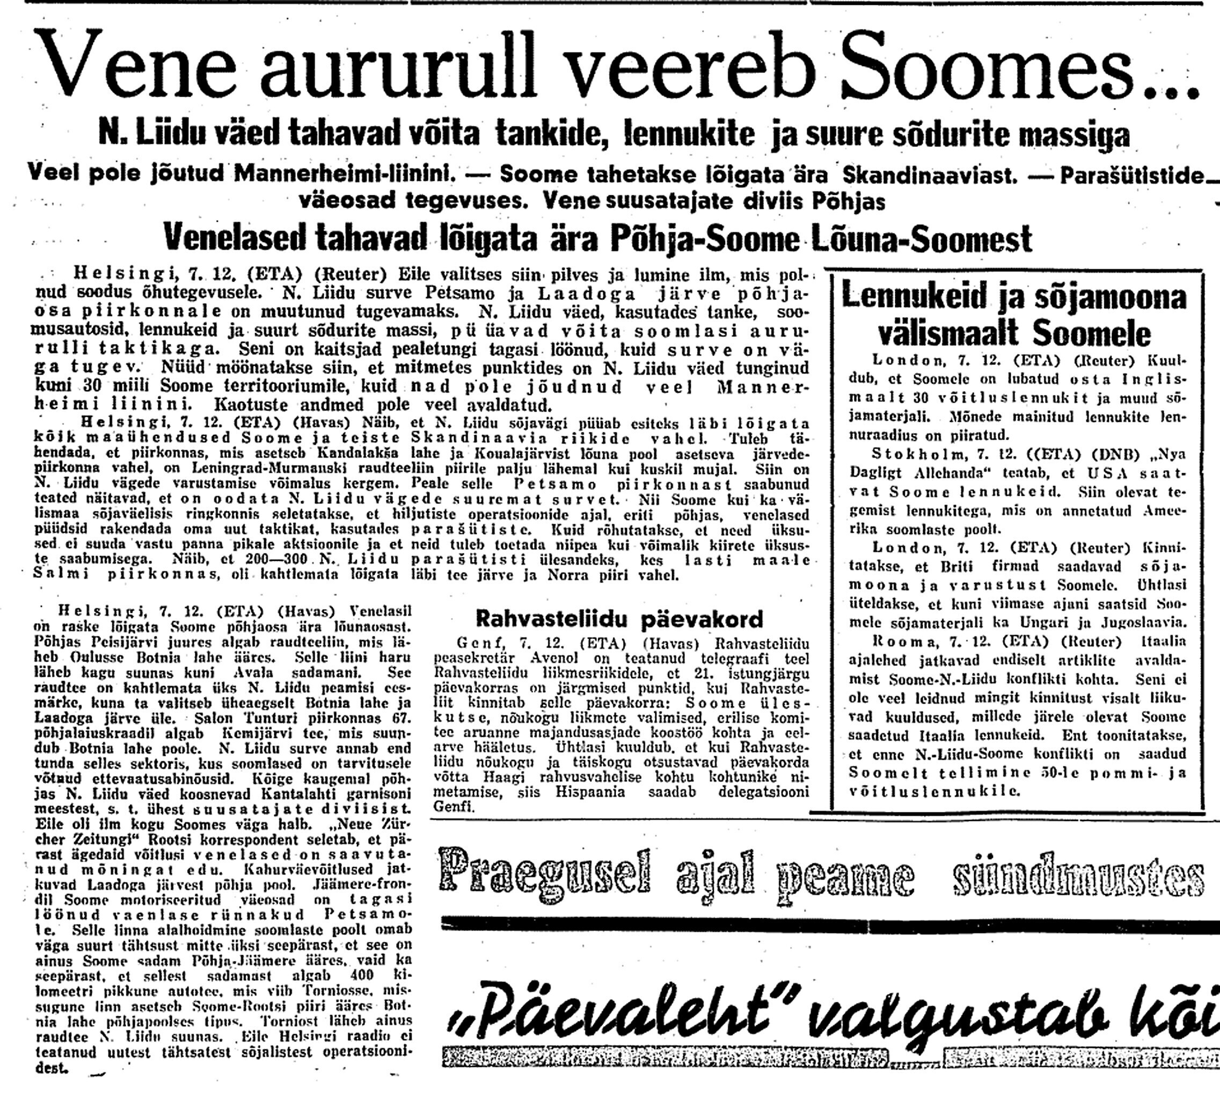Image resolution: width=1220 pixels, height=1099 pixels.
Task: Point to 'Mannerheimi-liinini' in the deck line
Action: (x=344, y=175)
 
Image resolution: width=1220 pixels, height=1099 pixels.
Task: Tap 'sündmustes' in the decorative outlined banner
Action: (x=1075, y=874)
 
